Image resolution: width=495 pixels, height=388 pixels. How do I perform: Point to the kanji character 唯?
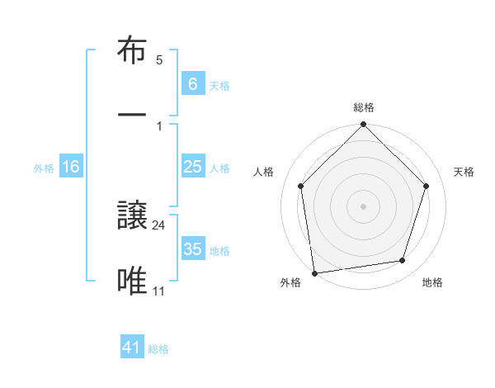tap(134, 281)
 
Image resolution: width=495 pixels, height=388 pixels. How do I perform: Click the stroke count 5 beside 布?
tap(159, 60)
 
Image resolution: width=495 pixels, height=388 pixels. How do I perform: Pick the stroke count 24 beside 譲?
tap(160, 225)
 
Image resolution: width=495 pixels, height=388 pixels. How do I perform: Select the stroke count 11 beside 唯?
tap(159, 290)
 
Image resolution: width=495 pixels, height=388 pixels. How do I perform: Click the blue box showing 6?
tap(192, 84)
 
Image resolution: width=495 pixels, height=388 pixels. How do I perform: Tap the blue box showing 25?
tap(192, 167)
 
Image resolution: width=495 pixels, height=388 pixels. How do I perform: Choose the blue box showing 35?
tap(192, 249)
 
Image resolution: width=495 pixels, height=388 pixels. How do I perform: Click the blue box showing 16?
tap(71, 167)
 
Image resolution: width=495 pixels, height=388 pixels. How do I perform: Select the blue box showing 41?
tap(132, 348)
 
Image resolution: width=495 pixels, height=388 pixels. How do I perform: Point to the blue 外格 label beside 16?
tap(44, 168)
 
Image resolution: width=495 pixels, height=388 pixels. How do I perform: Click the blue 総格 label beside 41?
tap(158, 349)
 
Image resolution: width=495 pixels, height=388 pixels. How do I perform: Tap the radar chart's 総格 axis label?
tap(364, 107)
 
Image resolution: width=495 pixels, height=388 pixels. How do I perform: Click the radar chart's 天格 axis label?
tap(464, 172)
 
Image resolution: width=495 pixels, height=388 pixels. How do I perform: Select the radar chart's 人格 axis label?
tap(264, 172)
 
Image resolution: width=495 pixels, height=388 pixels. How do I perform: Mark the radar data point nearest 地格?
tap(403, 261)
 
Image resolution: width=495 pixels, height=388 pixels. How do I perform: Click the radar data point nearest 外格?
tap(314, 272)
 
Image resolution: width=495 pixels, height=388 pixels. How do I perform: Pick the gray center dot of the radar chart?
tap(364, 206)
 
